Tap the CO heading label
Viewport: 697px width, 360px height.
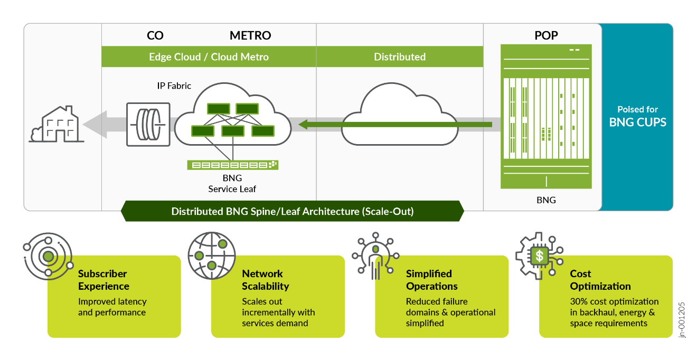[x=155, y=36]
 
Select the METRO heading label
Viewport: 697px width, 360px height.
[x=250, y=36]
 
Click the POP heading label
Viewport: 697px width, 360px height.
[x=546, y=36]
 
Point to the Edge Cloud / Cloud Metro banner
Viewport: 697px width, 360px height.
[x=209, y=57]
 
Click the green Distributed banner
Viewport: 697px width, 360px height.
[x=400, y=57]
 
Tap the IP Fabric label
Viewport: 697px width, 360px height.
[x=174, y=86]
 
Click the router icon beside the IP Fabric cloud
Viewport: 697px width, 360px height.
[x=148, y=124]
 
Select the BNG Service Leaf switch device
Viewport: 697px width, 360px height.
[x=232, y=165]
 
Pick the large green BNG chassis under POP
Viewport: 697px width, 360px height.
[x=546, y=117]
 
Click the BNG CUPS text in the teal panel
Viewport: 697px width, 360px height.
[x=637, y=122]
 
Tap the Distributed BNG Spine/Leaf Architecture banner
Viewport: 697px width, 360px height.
[x=292, y=211]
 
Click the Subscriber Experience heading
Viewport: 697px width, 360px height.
[x=103, y=280]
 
